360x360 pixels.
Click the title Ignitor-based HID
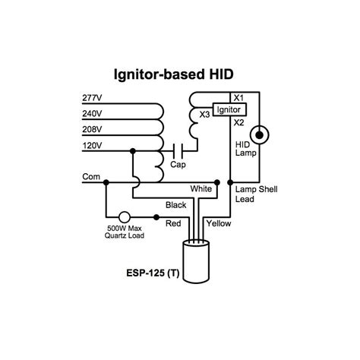pyautogui.click(x=173, y=74)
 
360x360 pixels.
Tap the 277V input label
pyautogui.click(x=92, y=98)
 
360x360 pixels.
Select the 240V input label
pyautogui.click(x=92, y=114)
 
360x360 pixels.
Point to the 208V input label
pyautogui.click(x=92, y=129)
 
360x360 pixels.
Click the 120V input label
pyautogui.click(x=92, y=146)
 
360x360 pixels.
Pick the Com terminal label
pyautogui.click(x=91, y=176)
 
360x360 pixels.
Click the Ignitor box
pyautogui.click(x=229, y=109)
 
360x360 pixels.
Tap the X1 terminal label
pyautogui.click(x=238, y=98)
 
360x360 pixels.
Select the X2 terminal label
pyautogui.click(x=238, y=122)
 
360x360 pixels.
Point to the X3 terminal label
pyautogui.click(x=204, y=115)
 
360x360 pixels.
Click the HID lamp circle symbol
pyautogui.click(x=260, y=135)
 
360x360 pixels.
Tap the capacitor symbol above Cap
pyautogui.click(x=178, y=151)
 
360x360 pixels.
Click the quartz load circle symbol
pyautogui.click(x=125, y=217)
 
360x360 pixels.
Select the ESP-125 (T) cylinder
pyautogui.click(x=196, y=262)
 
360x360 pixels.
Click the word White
pyautogui.click(x=201, y=189)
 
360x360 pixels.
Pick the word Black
pyautogui.click(x=175, y=205)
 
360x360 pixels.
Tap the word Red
pyautogui.click(x=173, y=223)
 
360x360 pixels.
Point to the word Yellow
pyautogui.click(x=219, y=223)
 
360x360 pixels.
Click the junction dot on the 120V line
pyautogui.click(x=133, y=151)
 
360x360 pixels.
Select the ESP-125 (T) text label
pyautogui.click(x=153, y=273)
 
